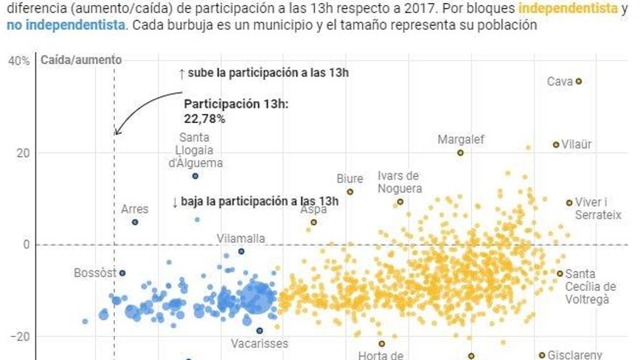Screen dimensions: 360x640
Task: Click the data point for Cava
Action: pyautogui.click(x=579, y=81)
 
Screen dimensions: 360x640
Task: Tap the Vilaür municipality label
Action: pyautogui.click(x=577, y=145)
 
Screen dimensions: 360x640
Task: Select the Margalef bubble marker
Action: pyautogui.click(x=460, y=153)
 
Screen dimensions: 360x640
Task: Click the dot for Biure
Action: pyautogui.click(x=350, y=192)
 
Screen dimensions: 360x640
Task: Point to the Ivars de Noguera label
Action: pyautogui.click(x=399, y=181)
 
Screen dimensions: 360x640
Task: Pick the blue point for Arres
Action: pyautogui.click(x=135, y=222)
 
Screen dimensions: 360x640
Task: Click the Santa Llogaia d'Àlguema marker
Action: pyautogui.click(x=195, y=176)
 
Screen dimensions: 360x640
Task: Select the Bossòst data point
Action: pyautogui.click(x=122, y=273)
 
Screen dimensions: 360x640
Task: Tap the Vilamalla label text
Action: pyautogui.click(x=241, y=238)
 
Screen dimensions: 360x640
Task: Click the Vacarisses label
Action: pyautogui.click(x=260, y=343)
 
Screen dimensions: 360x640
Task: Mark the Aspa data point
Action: pyautogui.click(x=314, y=223)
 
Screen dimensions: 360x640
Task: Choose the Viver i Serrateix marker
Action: pyautogui.click(x=569, y=203)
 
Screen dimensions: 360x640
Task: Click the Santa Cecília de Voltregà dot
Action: pyautogui.click(x=560, y=273)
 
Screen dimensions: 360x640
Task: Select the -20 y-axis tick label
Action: pyautogui.click(x=19, y=337)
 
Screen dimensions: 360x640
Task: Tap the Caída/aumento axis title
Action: pyautogui.click(x=81, y=60)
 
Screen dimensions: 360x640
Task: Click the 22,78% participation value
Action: pyautogui.click(x=204, y=118)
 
